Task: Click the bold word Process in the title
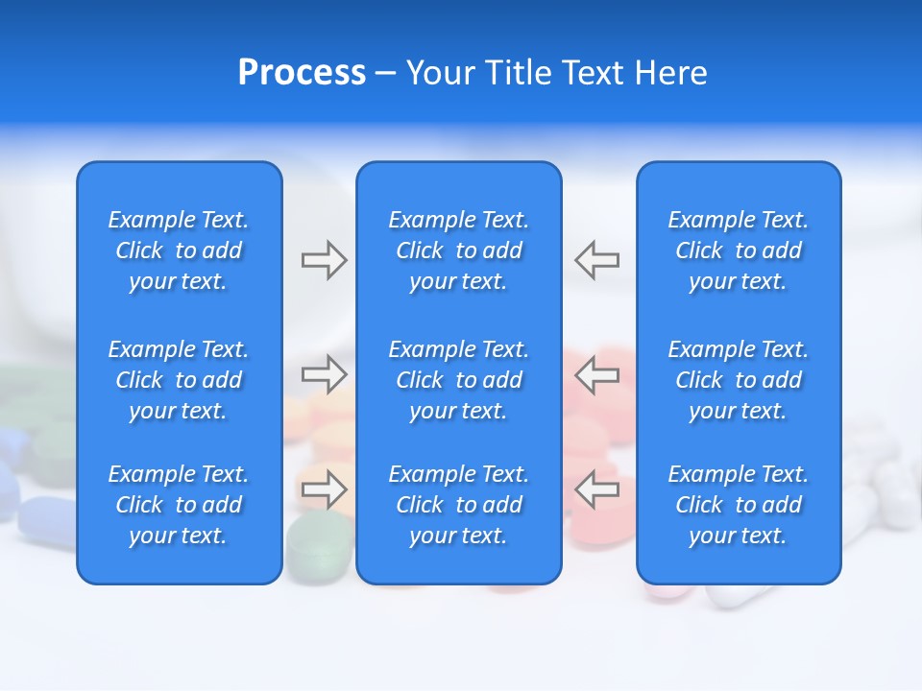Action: tap(302, 73)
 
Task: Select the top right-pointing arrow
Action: tap(324, 260)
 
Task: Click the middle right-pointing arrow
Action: tap(324, 373)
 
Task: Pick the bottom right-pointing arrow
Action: tap(324, 489)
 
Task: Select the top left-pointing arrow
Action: tap(596, 260)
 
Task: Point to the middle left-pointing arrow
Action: tap(596, 373)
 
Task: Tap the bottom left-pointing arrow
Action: tap(596, 489)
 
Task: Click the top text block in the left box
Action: tap(179, 250)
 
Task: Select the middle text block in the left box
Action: tap(179, 380)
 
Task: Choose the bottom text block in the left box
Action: tap(179, 505)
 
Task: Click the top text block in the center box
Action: tap(458, 250)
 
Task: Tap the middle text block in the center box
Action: tap(458, 380)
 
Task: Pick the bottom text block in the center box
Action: tap(458, 505)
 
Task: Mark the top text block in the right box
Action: tap(738, 250)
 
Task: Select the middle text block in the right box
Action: tap(738, 380)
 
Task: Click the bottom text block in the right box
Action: tap(738, 505)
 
